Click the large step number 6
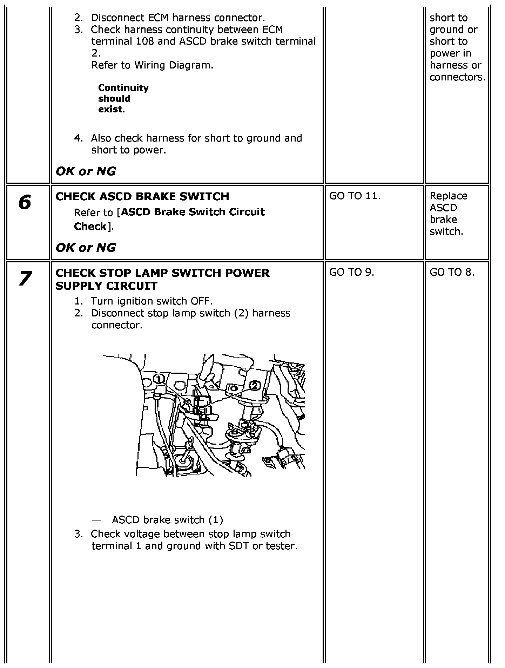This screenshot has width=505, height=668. click(25, 203)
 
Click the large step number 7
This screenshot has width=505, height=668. click(25, 279)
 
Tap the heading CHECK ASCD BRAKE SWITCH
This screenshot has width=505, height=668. click(142, 196)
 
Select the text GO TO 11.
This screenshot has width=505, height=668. click(355, 196)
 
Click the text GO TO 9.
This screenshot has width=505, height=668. click(351, 273)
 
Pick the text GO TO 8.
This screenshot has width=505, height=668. click(452, 273)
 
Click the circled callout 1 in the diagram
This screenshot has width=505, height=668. click(159, 379)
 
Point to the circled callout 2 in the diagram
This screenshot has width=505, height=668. click(255, 386)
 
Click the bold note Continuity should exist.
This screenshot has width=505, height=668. click(123, 98)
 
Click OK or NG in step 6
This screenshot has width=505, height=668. click(86, 248)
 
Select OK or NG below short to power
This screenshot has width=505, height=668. click(86, 171)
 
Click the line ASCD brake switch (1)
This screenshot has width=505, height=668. click(167, 520)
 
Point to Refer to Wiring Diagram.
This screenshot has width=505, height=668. click(152, 65)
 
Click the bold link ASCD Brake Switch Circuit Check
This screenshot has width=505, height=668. click(169, 219)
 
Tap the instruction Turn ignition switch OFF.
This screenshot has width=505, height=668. click(151, 301)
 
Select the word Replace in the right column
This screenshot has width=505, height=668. click(448, 196)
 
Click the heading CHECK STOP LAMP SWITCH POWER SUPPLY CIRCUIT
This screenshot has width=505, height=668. click(162, 279)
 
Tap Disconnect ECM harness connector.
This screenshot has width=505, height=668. click(178, 18)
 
